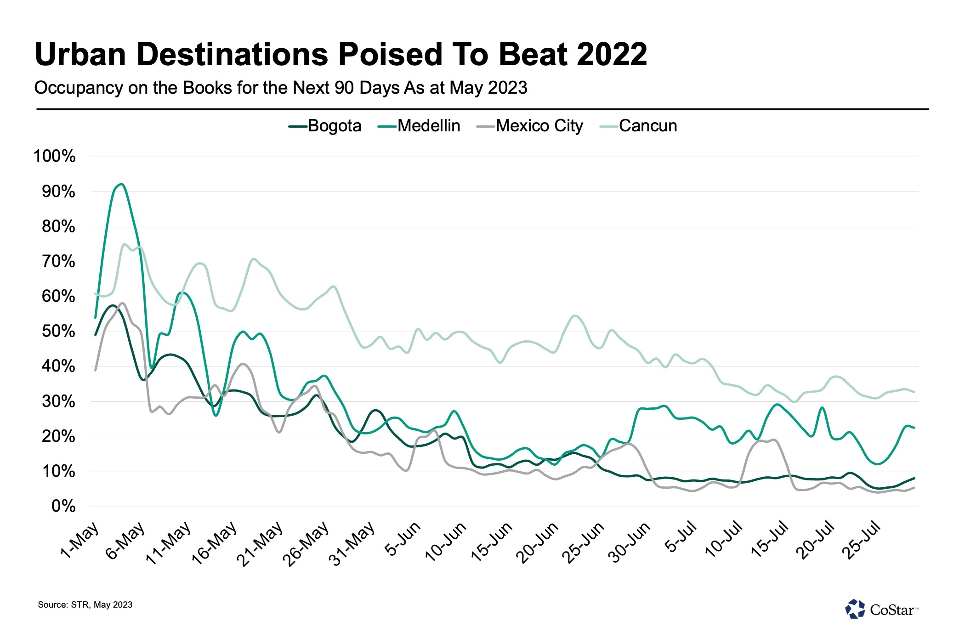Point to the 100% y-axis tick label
tap(55, 157)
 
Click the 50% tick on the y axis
tap(58, 332)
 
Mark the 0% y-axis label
tap(63, 507)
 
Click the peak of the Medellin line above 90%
tap(121, 184)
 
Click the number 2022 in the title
tap(612, 55)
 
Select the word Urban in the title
tap(80, 55)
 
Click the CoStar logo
tap(881, 609)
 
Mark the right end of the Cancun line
tap(914, 392)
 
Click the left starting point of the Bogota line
tap(95, 335)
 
